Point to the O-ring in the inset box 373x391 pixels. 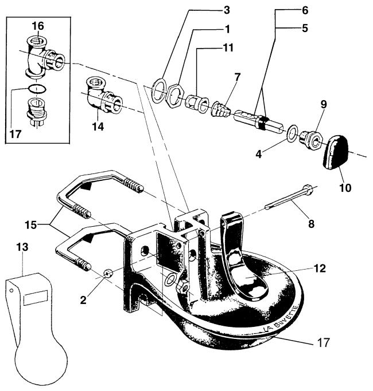pyautogui.click(x=37, y=89)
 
